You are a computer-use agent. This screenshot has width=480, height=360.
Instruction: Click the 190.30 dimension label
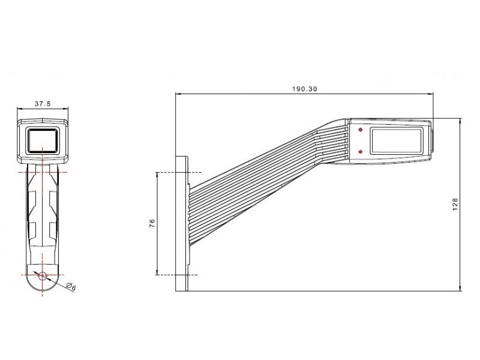(x=304, y=89)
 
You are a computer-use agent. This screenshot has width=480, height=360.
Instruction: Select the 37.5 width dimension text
(x=43, y=104)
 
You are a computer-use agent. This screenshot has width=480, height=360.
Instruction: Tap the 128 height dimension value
(x=455, y=204)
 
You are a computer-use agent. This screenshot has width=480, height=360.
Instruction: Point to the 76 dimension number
(x=152, y=223)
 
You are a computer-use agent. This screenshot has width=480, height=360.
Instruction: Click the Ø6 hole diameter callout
(x=71, y=287)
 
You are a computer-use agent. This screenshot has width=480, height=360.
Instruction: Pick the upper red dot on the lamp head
(x=361, y=130)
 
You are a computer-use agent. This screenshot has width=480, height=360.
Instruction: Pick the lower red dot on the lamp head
(x=361, y=152)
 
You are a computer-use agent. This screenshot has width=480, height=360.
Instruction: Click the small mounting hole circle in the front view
(x=42, y=275)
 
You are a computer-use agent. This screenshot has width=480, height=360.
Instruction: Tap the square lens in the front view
(x=43, y=140)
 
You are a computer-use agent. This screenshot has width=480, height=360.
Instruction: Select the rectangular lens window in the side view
(x=397, y=141)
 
